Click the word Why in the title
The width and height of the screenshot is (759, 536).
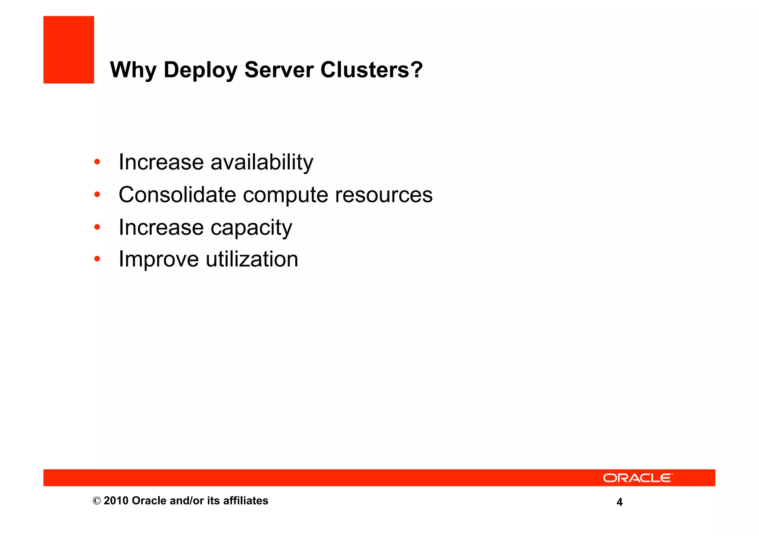tap(133, 70)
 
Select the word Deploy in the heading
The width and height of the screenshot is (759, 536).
tap(200, 70)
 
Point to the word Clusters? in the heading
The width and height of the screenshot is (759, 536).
tap(371, 70)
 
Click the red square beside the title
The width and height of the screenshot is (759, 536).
tap(69, 50)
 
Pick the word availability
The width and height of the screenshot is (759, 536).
tap(262, 163)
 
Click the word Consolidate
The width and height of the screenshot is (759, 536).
tap(177, 194)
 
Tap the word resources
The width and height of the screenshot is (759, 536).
tap(384, 195)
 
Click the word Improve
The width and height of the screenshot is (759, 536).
tap(159, 259)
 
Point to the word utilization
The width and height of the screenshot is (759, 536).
tap(252, 259)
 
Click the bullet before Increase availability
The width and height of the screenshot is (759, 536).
tap(97, 162)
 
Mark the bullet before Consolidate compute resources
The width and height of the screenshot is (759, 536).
tap(97, 194)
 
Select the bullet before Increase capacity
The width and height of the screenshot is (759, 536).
tap(97, 227)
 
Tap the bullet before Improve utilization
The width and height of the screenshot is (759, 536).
tap(97, 259)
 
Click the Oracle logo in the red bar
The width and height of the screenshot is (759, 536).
tap(637, 478)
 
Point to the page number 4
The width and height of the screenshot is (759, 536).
tap(619, 502)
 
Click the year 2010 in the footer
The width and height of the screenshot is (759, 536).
tap(116, 501)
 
